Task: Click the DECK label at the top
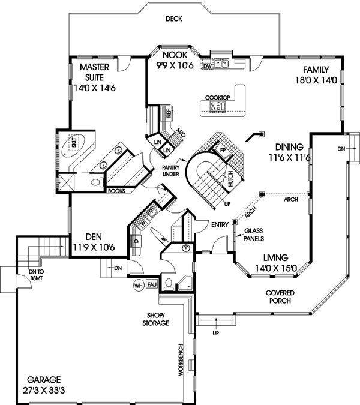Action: coord(174,19)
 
